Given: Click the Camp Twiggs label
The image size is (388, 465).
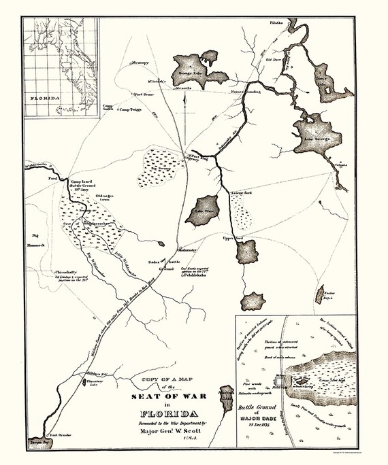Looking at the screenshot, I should pos(133,109).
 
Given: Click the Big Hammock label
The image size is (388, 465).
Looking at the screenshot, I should pos(35,239).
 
